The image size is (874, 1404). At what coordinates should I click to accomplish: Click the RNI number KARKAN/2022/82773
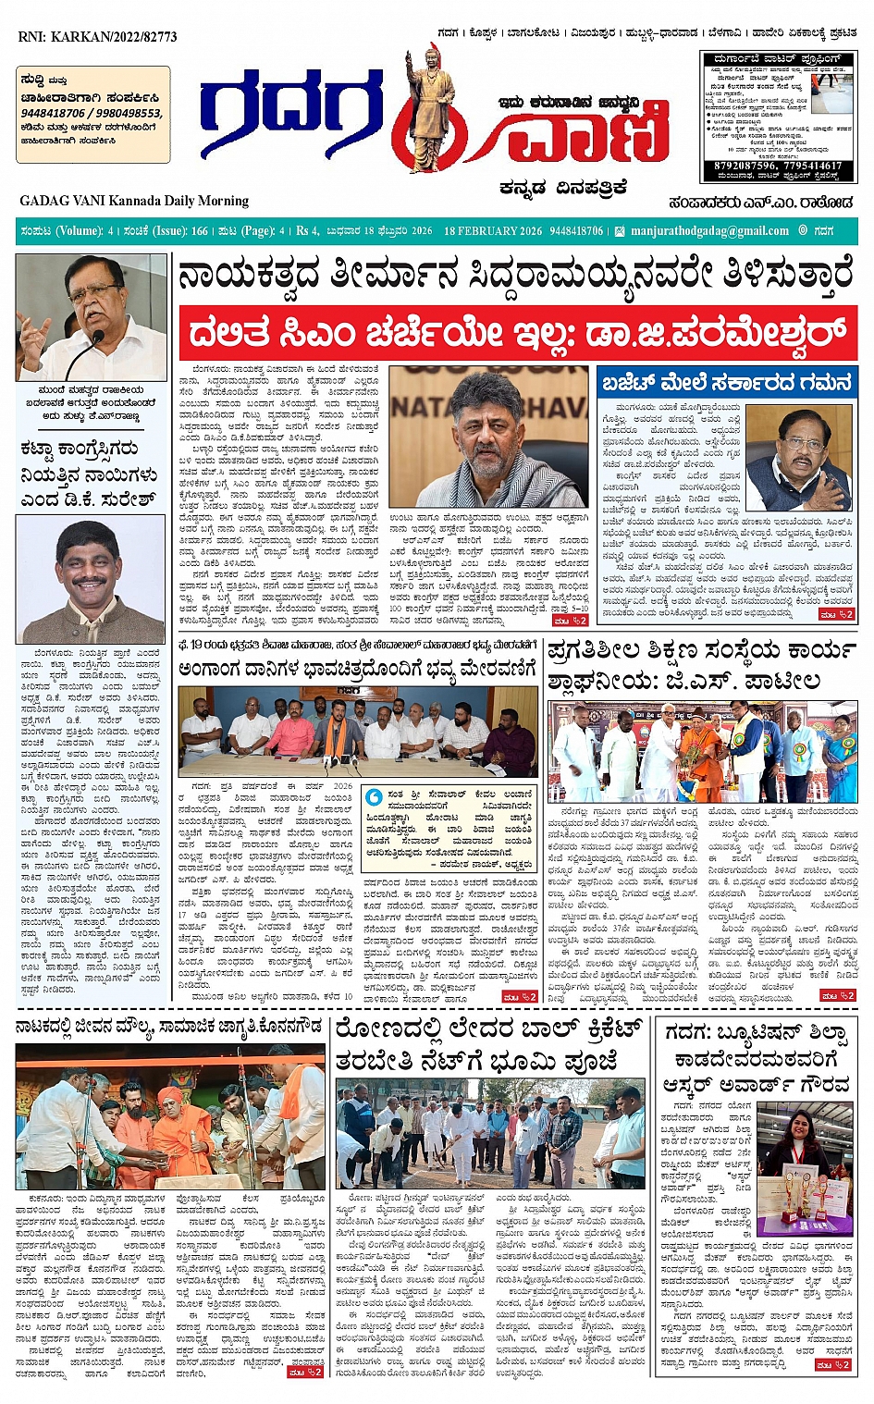(x=97, y=37)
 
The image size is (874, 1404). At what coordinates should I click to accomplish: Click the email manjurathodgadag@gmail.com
(x=709, y=231)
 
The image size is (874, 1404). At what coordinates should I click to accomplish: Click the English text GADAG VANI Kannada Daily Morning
(x=134, y=201)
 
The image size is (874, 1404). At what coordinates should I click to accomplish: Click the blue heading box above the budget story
(x=726, y=382)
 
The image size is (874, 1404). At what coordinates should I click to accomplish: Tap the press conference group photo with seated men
(x=358, y=732)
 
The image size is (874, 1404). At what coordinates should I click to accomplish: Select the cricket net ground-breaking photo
(x=489, y=1133)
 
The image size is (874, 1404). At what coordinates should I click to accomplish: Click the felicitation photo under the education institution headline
(x=702, y=751)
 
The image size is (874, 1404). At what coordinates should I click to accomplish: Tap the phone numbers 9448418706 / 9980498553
(x=92, y=114)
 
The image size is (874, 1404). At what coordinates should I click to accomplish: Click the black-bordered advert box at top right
(x=778, y=117)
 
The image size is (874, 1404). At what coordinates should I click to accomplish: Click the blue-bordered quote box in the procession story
(x=448, y=829)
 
